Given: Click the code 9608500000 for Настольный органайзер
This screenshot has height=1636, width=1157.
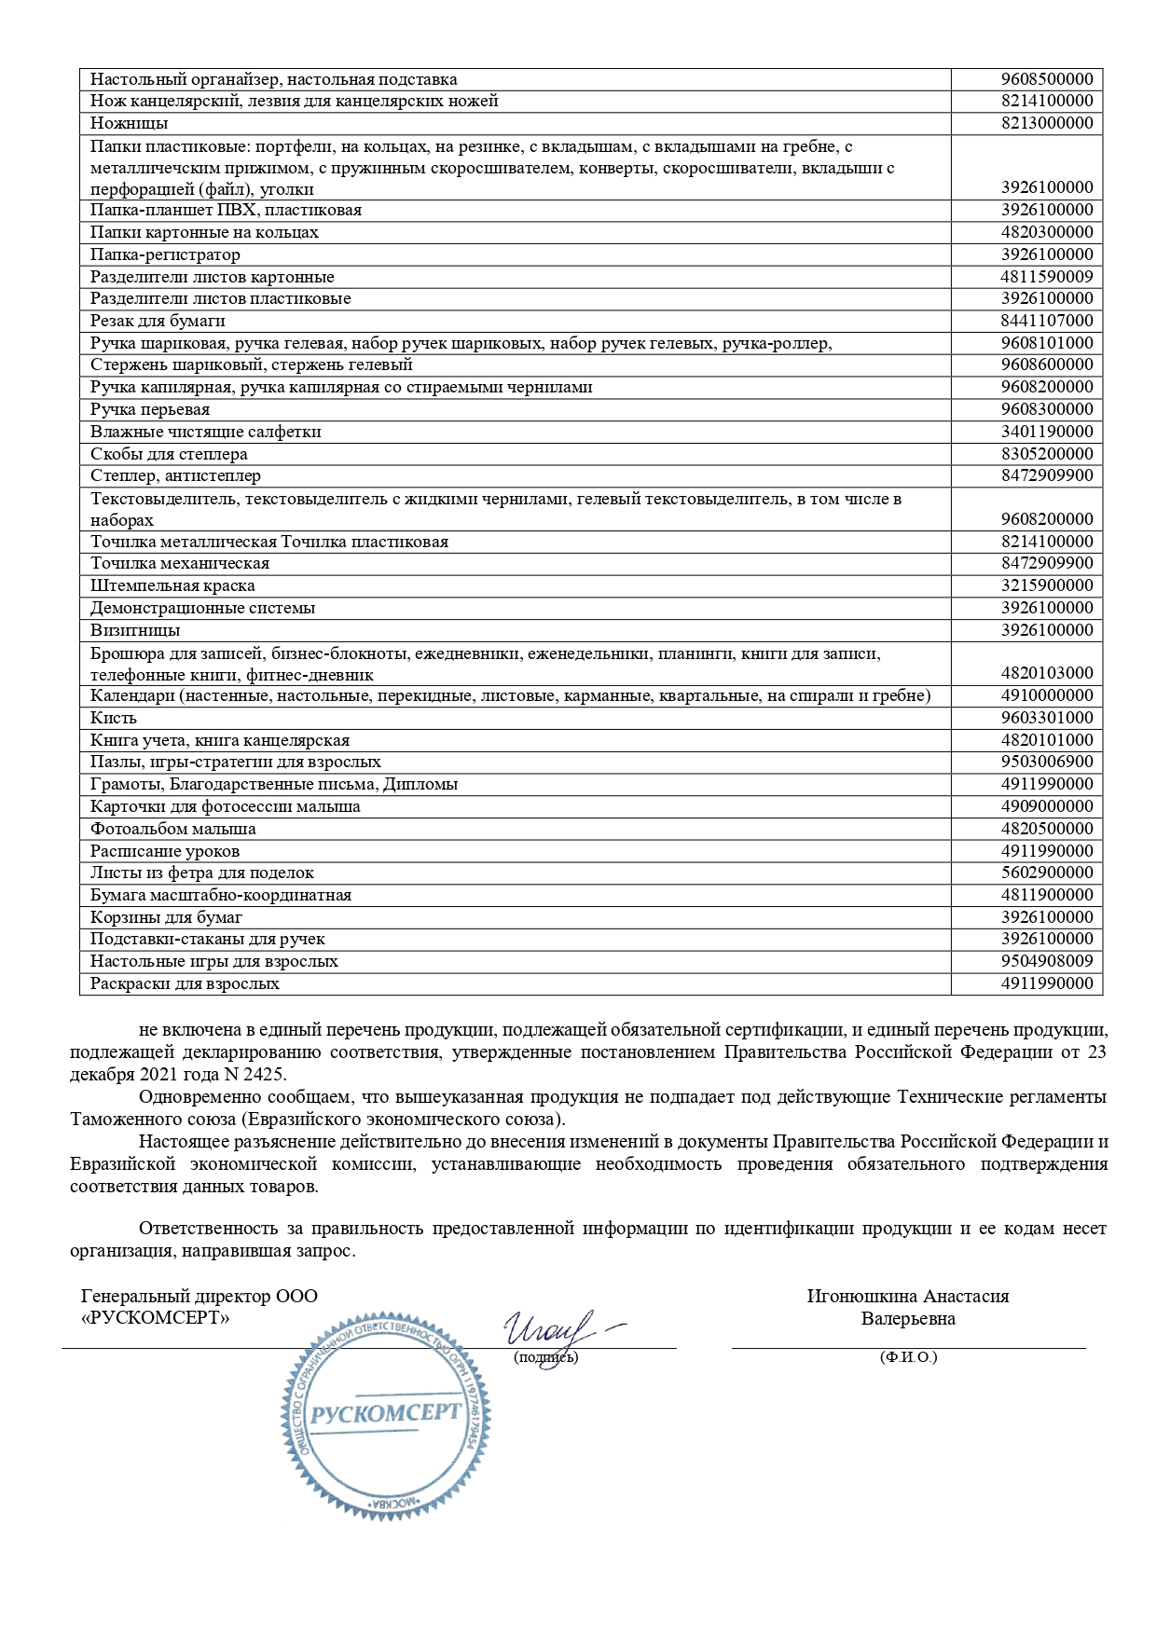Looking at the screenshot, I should [1046, 80].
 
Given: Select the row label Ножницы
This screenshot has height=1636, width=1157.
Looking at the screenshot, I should [130, 124].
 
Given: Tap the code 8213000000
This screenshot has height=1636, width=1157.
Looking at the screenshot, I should [1046, 124].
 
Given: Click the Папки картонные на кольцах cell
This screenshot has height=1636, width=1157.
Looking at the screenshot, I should [204, 232].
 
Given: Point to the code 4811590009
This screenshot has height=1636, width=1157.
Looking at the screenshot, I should [1046, 277].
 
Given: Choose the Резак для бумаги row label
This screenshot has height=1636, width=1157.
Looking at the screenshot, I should [158, 321].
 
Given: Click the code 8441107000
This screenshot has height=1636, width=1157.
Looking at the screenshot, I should [1046, 321].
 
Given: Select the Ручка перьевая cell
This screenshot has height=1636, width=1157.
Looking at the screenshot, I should [150, 409].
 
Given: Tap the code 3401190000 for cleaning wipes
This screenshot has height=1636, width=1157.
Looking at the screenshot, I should [1046, 432].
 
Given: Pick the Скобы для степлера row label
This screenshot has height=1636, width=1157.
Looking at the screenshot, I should [169, 454].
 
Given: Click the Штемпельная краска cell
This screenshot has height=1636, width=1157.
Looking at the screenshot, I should [172, 585].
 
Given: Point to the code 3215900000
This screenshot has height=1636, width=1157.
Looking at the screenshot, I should [1046, 585].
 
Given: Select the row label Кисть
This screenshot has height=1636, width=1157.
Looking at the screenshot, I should [114, 718].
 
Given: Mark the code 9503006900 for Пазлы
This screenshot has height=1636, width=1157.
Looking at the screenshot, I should [1046, 762].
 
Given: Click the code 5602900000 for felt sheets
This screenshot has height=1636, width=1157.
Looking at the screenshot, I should [1046, 873].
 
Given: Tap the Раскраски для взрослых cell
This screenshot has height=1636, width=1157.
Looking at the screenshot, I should [185, 983].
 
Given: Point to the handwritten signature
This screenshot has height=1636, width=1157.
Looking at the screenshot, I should [554, 1327].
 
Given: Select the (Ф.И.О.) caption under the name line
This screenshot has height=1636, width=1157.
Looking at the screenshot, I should [908, 1357].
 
